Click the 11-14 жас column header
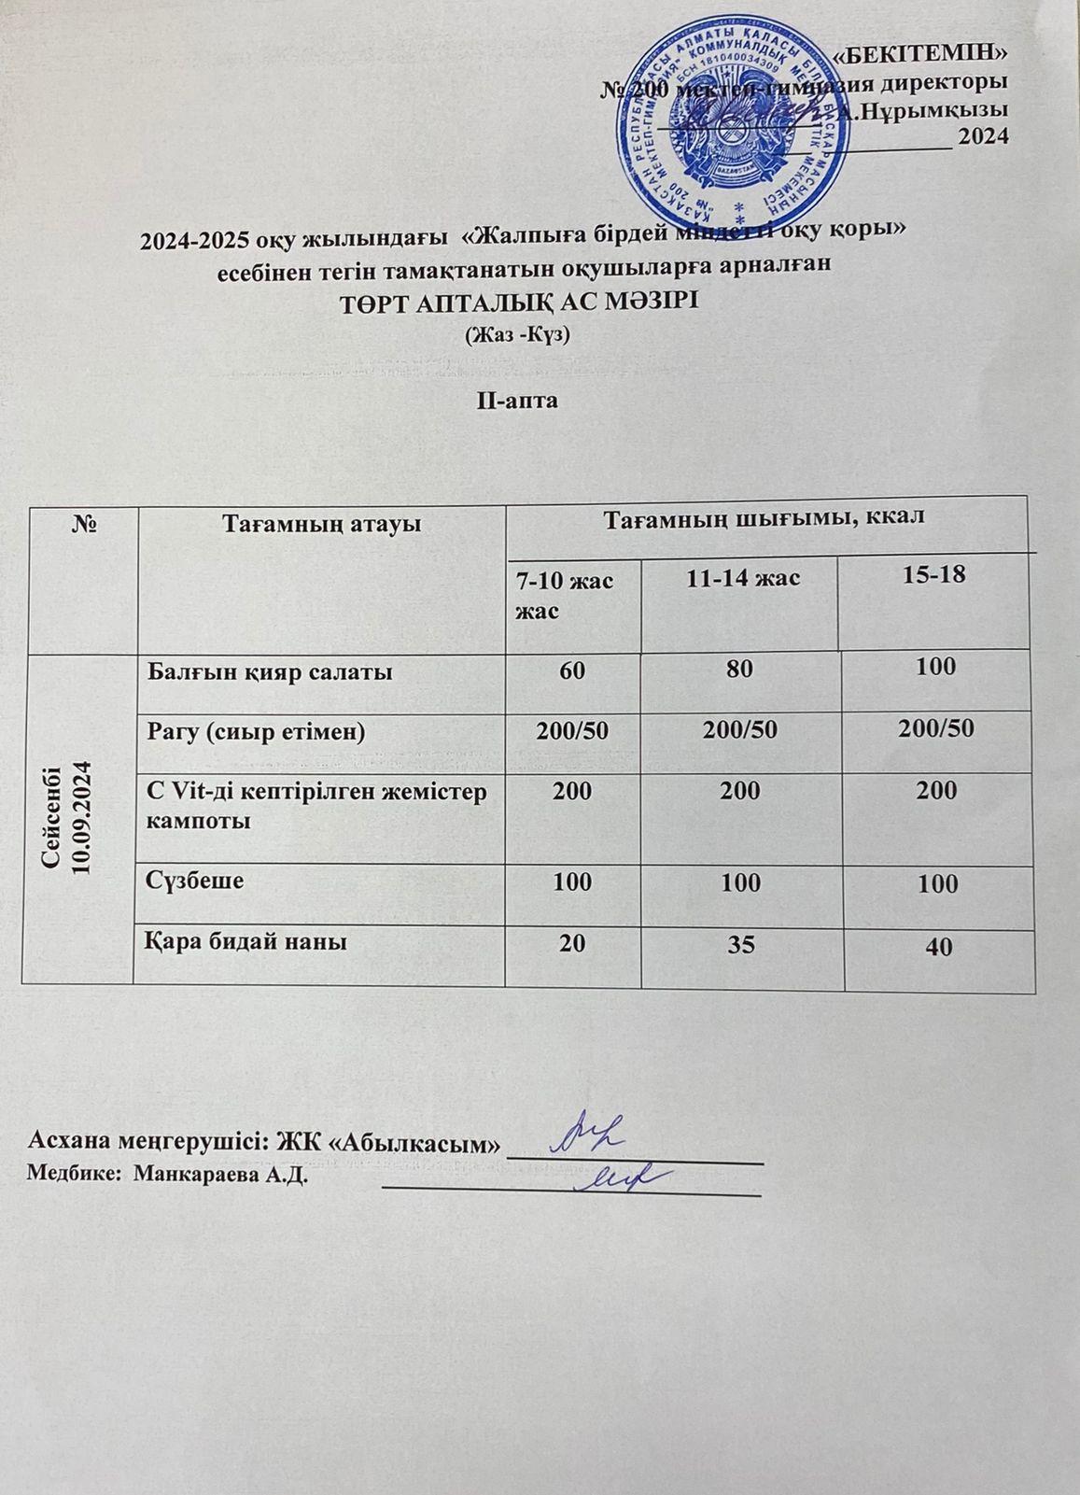tap(743, 579)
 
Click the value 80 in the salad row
tap(742, 669)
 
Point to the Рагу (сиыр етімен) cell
tap(255, 732)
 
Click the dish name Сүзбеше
tap(196, 880)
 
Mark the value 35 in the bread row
tap(742, 944)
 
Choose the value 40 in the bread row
tap(938, 948)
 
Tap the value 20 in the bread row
tap(572, 943)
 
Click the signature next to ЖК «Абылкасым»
tap(590, 1133)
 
